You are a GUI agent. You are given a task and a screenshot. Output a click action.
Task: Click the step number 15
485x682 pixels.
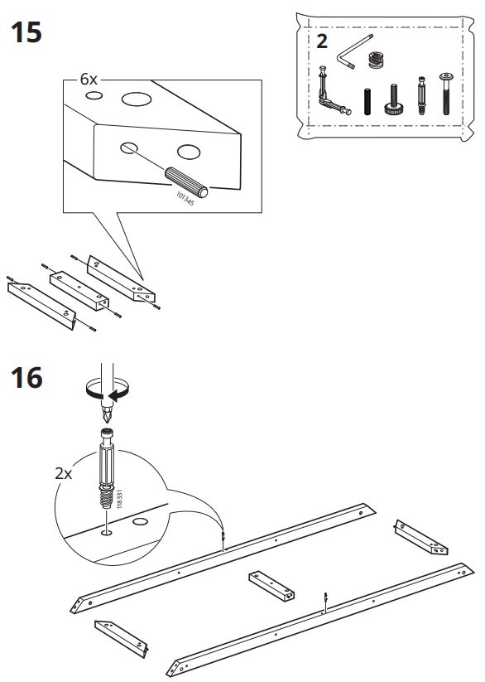coord(26,32)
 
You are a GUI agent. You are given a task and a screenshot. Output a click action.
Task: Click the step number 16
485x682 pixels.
coord(26,377)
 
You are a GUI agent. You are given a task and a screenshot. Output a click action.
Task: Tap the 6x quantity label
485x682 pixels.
coord(89,80)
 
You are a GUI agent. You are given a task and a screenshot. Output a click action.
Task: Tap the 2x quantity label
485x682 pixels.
coord(64,473)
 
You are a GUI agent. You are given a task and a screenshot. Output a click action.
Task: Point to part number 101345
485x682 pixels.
coord(185,199)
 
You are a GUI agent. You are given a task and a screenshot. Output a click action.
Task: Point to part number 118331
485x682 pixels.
coord(119,499)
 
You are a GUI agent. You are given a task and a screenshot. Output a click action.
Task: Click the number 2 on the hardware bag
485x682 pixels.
coord(322,41)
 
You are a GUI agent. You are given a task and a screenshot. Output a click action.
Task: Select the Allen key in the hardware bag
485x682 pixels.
coord(353,51)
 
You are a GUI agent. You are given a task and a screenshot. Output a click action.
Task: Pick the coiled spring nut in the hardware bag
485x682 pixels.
coord(377,60)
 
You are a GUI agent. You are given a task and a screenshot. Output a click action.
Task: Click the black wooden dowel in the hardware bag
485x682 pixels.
coord(367,102)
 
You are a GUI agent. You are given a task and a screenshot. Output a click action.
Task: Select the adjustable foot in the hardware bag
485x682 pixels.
coord(393,99)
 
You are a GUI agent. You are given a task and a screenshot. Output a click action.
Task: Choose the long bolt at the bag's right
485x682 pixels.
coord(446,94)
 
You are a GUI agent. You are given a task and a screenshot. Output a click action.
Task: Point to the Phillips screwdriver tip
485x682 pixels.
coord(107,414)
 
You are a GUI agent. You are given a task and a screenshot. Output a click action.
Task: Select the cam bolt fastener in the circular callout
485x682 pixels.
coord(107,468)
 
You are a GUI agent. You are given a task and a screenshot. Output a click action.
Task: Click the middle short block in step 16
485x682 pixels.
coord(271,586)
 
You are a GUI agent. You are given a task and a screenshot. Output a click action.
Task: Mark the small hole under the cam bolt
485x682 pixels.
coord(106,532)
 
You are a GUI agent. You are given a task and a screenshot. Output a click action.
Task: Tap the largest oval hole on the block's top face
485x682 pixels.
coord(137,99)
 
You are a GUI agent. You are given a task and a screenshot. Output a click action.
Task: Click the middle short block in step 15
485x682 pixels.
coord(79,291)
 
